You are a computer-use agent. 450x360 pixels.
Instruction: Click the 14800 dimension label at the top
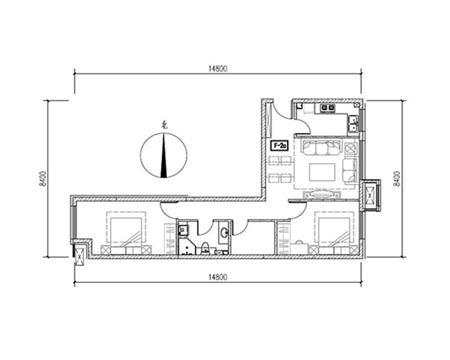click(x=218, y=68)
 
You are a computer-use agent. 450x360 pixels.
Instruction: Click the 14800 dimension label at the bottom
click(x=218, y=277)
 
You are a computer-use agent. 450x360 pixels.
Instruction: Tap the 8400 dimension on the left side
click(x=43, y=179)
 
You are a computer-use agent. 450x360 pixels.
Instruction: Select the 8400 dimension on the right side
click(x=397, y=179)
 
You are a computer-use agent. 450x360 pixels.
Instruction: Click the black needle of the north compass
click(x=164, y=161)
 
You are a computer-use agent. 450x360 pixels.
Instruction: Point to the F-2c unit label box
click(x=279, y=145)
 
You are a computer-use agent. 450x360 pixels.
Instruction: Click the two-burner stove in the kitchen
click(x=328, y=108)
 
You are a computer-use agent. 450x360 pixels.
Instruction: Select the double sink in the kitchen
click(x=353, y=123)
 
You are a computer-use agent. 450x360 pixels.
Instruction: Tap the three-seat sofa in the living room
click(x=321, y=147)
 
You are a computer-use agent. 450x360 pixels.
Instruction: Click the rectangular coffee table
click(x=322, y=172)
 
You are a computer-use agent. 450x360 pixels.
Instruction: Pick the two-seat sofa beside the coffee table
click(x=350, y=170)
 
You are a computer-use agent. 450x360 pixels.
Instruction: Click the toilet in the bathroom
click(x=205, y=248)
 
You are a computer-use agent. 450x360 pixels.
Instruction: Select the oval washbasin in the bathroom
click(x=224, y=233)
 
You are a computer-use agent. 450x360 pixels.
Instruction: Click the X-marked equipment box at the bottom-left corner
click(x=79, y=256)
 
